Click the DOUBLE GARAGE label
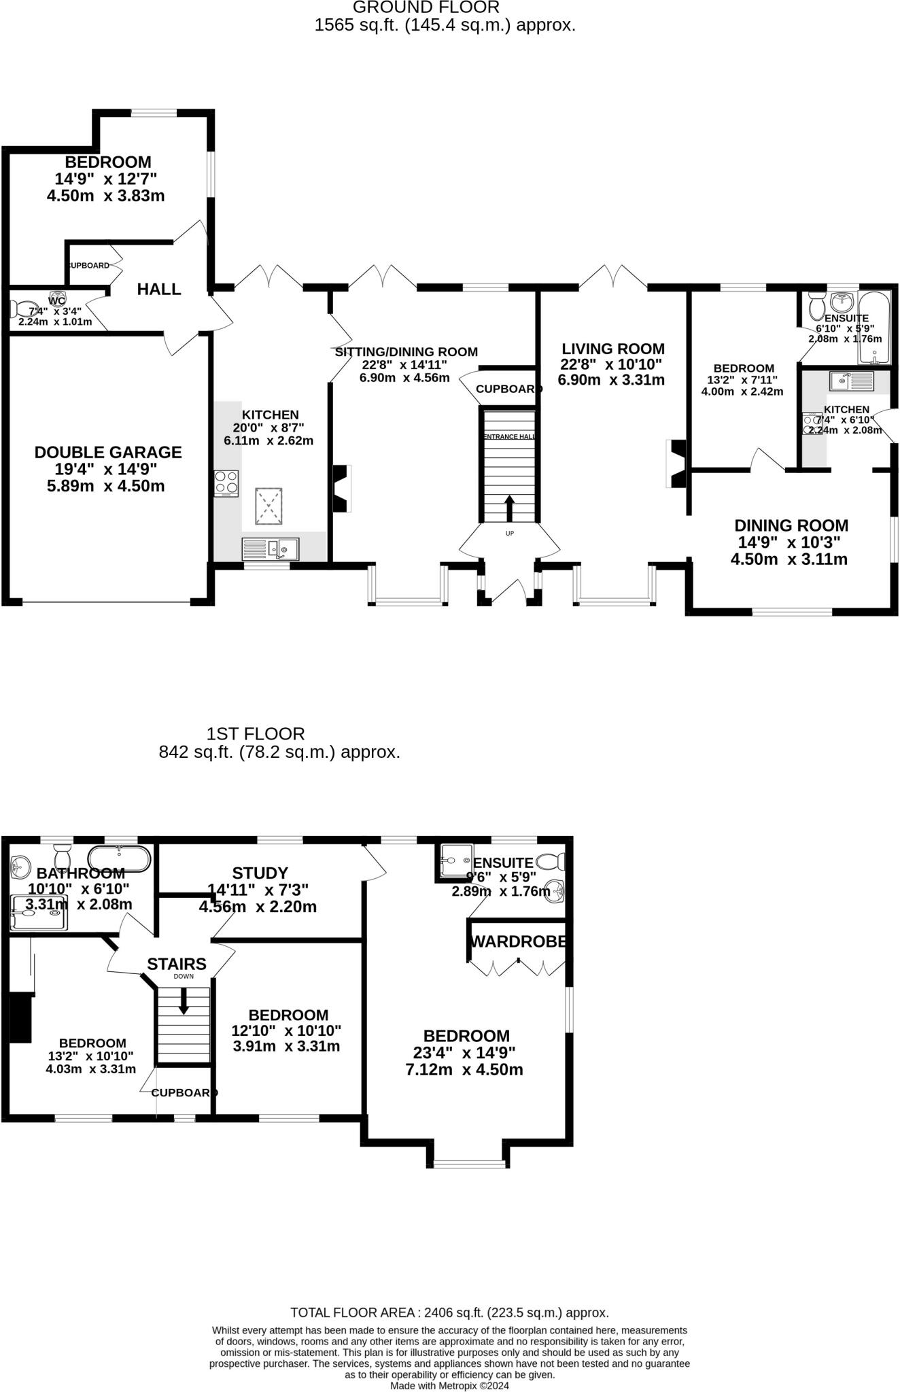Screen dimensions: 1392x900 pos(108,452)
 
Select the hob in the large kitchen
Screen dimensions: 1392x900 pos(226,483)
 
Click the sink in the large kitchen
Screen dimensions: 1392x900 pos(271,548)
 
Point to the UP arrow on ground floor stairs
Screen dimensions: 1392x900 pos(509,507)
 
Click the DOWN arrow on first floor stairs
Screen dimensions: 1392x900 pos(183,1000)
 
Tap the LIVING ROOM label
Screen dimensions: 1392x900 pos(612,349)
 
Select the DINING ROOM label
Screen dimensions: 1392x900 pos(791,525)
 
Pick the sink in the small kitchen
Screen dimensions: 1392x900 pos(850,381)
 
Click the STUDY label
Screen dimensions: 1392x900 pos(260,873)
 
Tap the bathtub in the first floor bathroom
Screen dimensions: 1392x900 pos(120,859)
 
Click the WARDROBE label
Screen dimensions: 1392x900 pos(518,942)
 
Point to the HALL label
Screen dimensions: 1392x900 pos(159,289)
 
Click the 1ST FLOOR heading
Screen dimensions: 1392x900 pos(256,734)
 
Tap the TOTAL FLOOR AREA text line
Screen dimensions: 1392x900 pos(449,1312)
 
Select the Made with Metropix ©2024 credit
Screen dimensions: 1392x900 pos(449,1385)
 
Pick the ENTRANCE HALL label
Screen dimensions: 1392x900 pos(509,437)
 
